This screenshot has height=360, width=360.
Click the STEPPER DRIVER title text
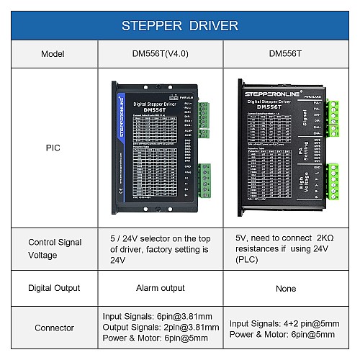point(180,26)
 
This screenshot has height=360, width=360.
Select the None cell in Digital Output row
point(286,288)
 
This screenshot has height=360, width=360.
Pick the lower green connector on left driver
point(204,179)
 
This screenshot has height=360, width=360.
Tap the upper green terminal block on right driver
point(332,114)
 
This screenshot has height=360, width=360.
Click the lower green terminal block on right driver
point(332,181)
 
